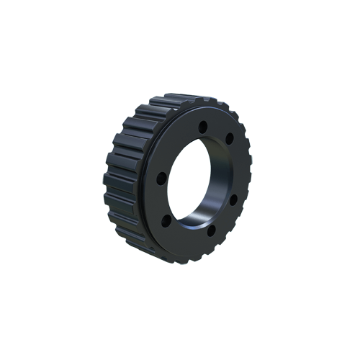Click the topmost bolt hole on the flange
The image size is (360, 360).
point(203,127)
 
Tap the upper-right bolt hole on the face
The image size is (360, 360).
point(230,139)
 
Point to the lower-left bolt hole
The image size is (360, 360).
point(167,220)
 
